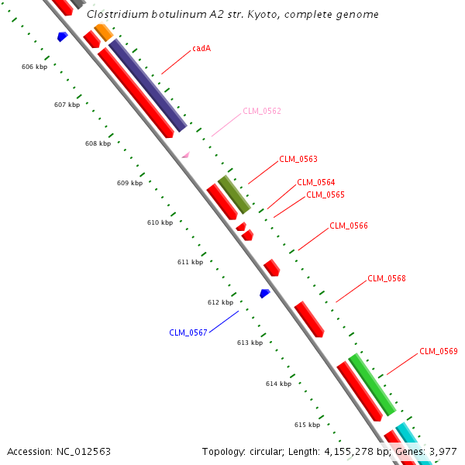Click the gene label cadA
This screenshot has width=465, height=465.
click(201, 48)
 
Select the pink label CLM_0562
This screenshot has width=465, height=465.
click(262, 111)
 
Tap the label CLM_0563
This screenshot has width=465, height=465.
click(298, 159)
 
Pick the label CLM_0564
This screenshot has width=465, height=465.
click(316, 183)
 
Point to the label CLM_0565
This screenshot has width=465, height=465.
click(325, 195)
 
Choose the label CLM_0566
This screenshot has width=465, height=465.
click(349, 226)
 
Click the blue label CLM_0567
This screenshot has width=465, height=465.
click(188, 332)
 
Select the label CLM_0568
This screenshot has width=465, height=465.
click(387, 278)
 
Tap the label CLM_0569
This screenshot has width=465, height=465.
click(439, 351)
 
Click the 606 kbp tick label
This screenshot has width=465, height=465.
click(34, 67)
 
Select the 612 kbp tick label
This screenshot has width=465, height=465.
click(220, 302)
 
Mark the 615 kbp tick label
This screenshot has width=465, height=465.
click(307, 425)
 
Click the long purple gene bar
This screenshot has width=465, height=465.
click(148, 85)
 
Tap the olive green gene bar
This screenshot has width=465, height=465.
click(234, 195)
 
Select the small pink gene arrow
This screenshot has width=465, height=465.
click(185, 155)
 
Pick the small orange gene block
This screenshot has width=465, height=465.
click(103, 32)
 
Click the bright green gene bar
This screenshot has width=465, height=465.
click(372, 384)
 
